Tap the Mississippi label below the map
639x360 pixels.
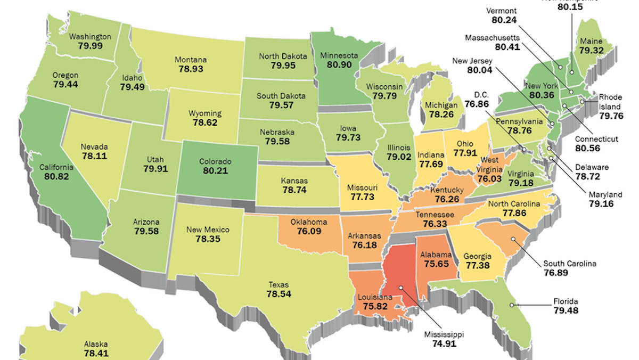point(444,334)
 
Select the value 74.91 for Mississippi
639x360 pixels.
point(444,344)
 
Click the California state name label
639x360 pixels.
point(56,167)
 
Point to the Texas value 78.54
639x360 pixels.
point(278,293)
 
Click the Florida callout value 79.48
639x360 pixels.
point(564,310)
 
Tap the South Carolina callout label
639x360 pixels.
point(570,263)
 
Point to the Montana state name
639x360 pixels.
point(190,60)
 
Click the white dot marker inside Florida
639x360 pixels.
point(512,305)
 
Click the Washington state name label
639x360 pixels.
point(91,37)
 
